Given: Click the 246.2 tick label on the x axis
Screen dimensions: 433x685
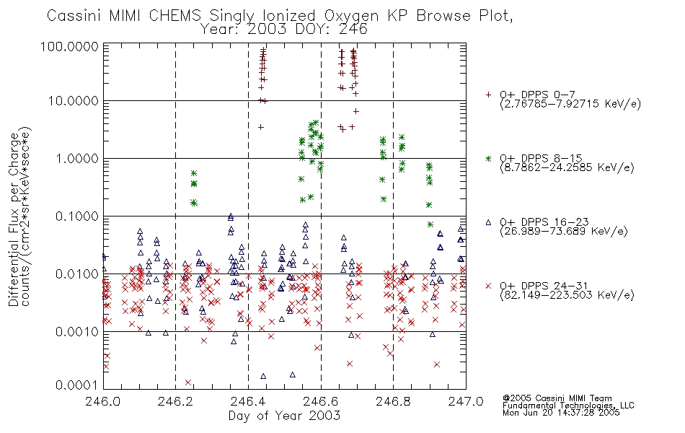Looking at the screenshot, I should tap(176, 402).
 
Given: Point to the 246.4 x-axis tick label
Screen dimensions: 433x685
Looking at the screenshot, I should tap(248, 402).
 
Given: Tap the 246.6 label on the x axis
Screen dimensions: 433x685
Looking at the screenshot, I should tap(321, 402).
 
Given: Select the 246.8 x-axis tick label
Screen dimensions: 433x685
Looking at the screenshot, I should tap(393, 402).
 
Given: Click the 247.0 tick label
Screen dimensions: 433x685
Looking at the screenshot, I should tap(465, 402).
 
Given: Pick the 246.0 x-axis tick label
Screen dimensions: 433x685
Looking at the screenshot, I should tap(104, 402).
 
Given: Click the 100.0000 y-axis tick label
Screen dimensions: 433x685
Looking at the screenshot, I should tap(71, 46).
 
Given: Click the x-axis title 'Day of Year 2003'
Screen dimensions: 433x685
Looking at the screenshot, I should tap(284, 416).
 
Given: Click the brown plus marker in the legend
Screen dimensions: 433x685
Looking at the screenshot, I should tap(489, 95).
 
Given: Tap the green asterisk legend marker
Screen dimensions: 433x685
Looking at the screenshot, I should tap(489, 158).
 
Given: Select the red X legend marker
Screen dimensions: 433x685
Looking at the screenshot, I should tap(489, 286).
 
